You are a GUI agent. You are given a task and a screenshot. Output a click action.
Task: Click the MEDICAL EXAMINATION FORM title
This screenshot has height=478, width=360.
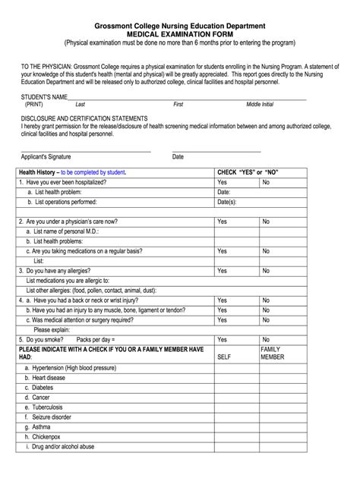pyautogui.click(x=180, y=35)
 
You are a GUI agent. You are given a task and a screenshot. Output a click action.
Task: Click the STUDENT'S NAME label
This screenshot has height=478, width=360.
pyautogui.click(x=45, y=97)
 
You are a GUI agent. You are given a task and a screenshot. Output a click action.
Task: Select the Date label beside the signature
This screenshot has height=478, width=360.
pyautogui.click(x=178, y=157)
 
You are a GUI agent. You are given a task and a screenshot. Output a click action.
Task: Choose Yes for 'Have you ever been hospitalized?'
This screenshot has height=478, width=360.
pyautogui.click(x=223, y=183)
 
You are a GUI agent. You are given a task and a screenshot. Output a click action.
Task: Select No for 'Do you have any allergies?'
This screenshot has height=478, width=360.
pyautogui.click(x=267, y=270)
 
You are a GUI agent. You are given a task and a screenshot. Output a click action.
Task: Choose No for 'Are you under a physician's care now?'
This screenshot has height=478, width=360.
pyautogui.click(x=267, y=222)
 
